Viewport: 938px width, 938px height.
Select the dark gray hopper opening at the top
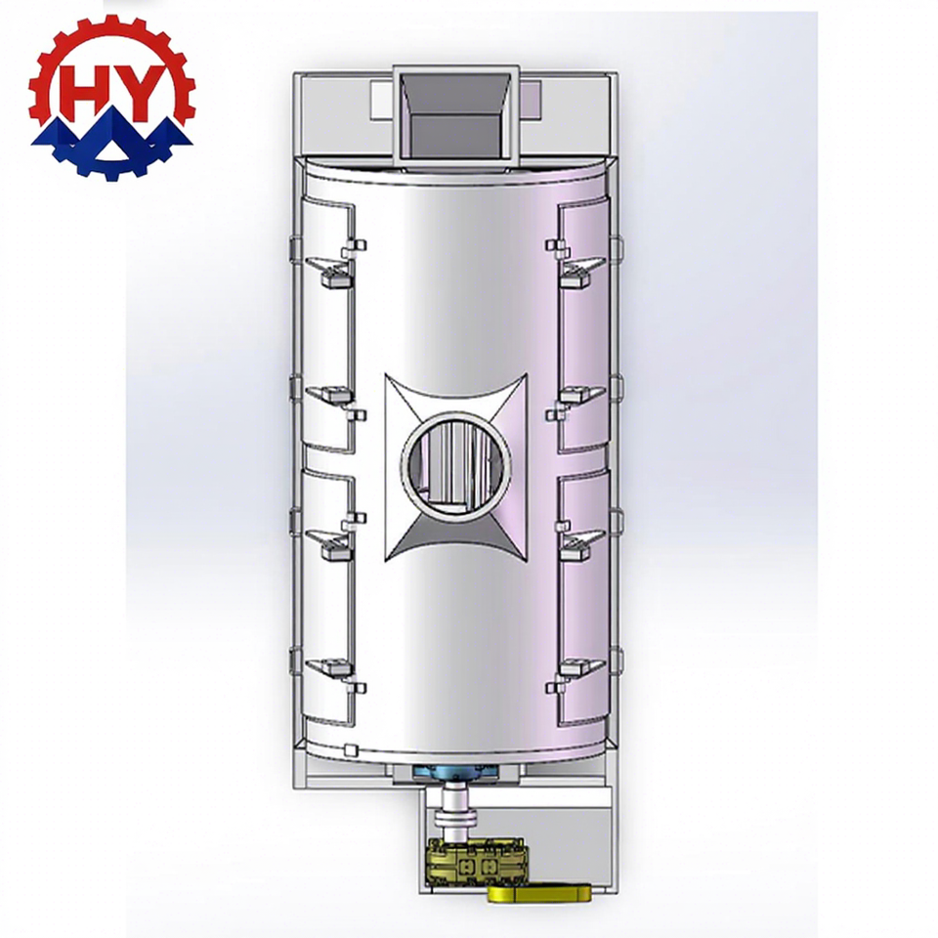click(456, 117)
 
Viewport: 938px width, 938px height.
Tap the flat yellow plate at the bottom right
click(539, 893)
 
